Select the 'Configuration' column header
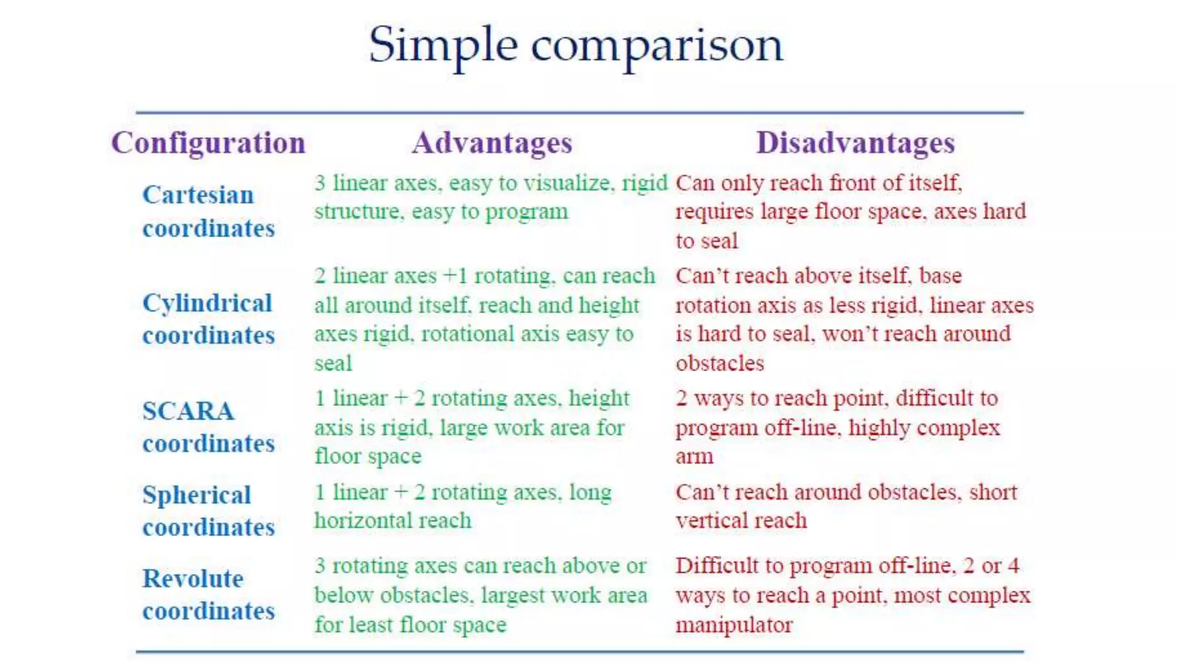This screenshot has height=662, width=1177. coord(208,143)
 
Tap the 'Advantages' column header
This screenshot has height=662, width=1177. coord(492,143)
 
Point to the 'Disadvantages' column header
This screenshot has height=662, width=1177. coord(855,143)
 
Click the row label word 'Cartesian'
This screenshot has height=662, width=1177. coord(198,195)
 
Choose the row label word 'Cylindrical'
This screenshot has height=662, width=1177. coord(207,303)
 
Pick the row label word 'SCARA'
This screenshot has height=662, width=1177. coord(188,411)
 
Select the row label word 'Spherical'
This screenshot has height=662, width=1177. coord(197,495)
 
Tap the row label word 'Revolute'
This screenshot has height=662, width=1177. coord(193,579)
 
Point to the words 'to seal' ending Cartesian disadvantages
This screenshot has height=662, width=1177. coord(706,241)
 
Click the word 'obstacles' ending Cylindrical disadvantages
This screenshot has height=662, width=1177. coord(720,364)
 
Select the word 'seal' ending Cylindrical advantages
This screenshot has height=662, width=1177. coord(333,364)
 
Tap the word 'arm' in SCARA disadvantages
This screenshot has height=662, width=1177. coord(694,457)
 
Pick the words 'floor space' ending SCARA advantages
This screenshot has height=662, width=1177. coord(368,457)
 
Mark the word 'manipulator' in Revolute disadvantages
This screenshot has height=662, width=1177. coord(734,625)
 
